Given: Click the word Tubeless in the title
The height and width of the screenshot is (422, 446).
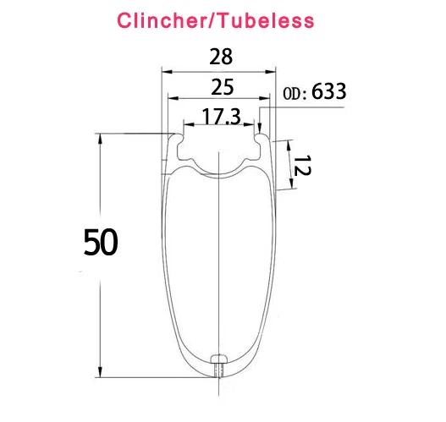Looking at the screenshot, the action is (x=267, y=20).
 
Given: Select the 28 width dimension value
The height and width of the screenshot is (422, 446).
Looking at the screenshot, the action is (x=221, y=57).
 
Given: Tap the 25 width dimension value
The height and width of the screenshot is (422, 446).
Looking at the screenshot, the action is (x=223, y=87).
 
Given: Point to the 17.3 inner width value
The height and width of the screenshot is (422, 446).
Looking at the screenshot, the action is (x=221, y=117).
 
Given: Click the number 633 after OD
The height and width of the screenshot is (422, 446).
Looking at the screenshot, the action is (x=329, y=91).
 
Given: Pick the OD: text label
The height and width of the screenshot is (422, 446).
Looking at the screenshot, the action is (x=295, y=94).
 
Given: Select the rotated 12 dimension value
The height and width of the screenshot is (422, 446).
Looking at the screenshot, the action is (x=302, y=166).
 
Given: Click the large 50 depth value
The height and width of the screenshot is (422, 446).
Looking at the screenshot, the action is (x=101, y=242).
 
